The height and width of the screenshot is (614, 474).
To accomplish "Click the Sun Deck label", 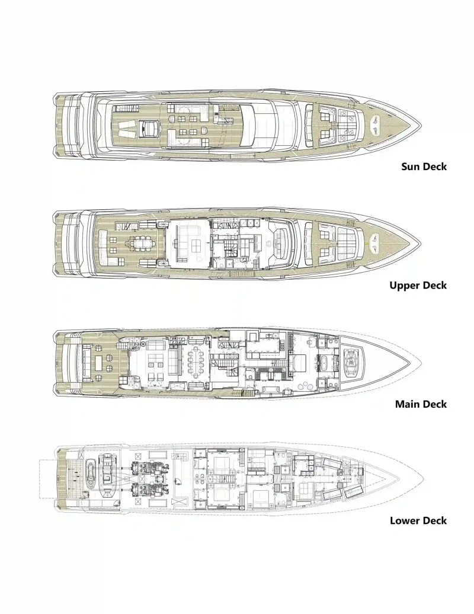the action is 424,167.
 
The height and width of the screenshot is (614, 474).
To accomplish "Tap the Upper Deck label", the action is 418,286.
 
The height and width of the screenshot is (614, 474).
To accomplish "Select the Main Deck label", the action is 421,404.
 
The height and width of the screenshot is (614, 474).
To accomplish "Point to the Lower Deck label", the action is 418,520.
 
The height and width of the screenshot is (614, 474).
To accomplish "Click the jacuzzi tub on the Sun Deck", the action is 149,127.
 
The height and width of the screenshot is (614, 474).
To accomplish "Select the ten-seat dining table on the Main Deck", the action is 194,362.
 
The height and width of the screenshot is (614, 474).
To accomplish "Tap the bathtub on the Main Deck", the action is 325,361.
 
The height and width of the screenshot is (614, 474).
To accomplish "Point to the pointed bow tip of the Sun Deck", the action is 421,126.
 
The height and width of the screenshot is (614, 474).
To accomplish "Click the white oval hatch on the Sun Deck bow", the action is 376,124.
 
